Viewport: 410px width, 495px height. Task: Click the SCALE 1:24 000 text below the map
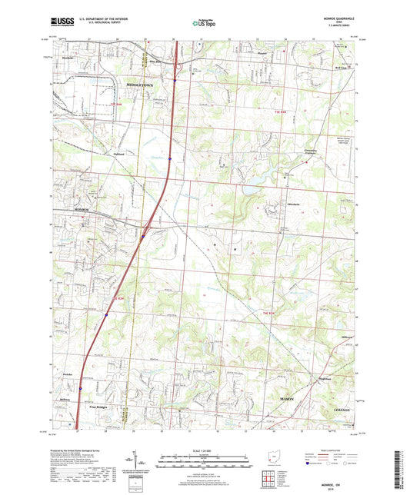(x=204, y=450)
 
